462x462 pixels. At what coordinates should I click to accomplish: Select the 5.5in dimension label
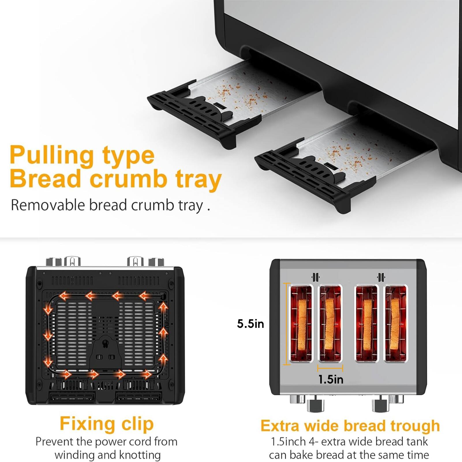(x=250, y=324)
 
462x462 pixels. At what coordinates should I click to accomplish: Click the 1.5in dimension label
(x=331, y=379)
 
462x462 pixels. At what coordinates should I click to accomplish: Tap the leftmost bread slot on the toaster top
(x=301, y=323)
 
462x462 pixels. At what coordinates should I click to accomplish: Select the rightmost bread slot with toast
(x=396, y=323)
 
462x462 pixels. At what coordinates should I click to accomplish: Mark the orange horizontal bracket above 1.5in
(x=330, y=368)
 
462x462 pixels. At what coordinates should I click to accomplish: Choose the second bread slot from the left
(x=330, y=323)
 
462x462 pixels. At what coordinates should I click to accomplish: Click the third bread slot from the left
(x=366, y=323)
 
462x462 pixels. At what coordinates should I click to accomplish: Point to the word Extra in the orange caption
(x=280, y=426)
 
